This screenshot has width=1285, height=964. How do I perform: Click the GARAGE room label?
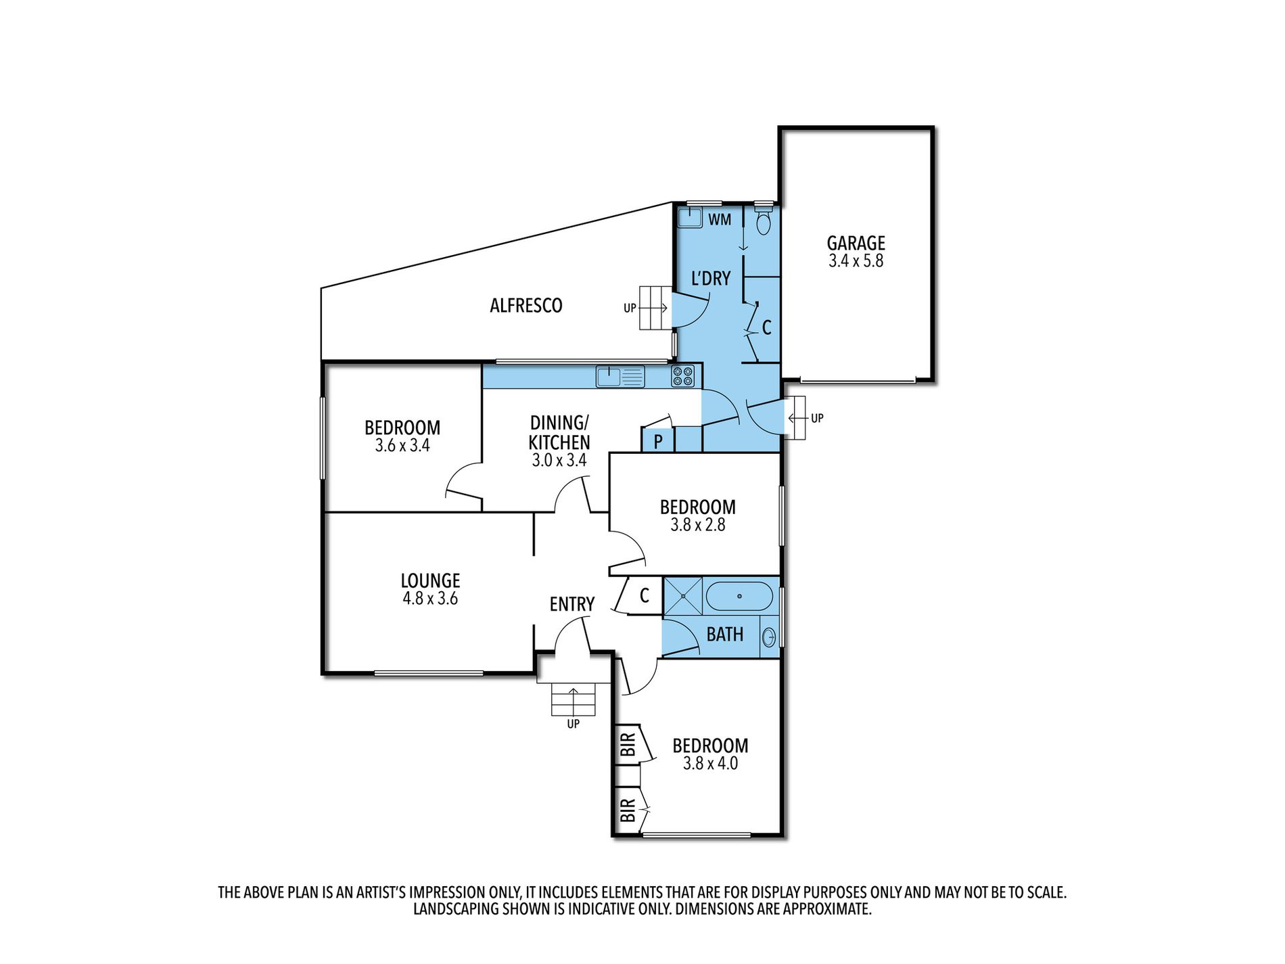[856, 243]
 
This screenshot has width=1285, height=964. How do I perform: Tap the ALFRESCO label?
[526, 306]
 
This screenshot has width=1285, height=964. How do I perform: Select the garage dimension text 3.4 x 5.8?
[856, 261]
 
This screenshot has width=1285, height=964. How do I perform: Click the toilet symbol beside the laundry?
[763, 223]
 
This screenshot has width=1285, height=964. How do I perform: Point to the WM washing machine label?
[720, 220]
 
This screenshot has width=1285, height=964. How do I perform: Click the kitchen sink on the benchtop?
[620, 376]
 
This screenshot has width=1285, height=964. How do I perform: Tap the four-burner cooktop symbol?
[682, 376]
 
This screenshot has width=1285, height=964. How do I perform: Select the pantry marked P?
[658, 441]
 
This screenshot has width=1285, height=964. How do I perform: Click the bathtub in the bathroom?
[739, 597]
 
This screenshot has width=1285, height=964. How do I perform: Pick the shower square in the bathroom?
[682, 596]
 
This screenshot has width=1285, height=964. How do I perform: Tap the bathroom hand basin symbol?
[770, 637]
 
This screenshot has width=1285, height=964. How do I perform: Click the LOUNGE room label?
[430, 580]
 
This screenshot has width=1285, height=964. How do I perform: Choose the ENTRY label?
[571, 604]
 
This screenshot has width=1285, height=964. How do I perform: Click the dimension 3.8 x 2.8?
[697, 525]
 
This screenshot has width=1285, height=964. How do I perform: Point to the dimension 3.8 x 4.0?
[710, 764]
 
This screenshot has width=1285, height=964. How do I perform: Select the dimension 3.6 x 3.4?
[402, 446]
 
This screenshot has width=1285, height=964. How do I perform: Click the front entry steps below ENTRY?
[574, 699]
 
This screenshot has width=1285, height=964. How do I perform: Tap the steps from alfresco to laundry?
[654, 308]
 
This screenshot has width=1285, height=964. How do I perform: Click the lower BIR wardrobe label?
[628, 810]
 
